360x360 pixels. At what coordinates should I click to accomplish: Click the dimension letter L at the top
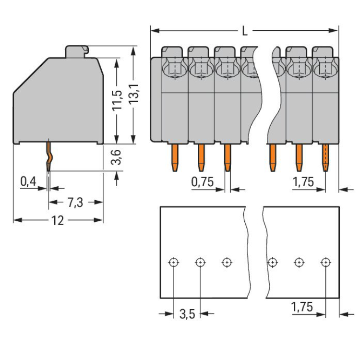click(245, 32)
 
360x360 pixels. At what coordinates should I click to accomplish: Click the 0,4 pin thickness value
click(28, 181)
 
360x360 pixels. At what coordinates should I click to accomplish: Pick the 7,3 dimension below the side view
click(74, 202)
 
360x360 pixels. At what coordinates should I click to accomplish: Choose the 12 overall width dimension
click(58, 220)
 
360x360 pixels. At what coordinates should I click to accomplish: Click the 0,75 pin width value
click(202, 181)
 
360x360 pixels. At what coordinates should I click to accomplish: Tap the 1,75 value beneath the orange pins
click(303, 181)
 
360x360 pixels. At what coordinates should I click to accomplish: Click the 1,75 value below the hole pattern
click(303, 307)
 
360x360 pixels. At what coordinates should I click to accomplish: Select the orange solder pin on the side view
click(49, 156)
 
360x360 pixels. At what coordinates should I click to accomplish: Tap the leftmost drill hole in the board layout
click(174, 262)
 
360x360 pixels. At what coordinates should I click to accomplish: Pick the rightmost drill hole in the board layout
click(325, 262)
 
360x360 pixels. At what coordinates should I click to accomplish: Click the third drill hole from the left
click(227, 262)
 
